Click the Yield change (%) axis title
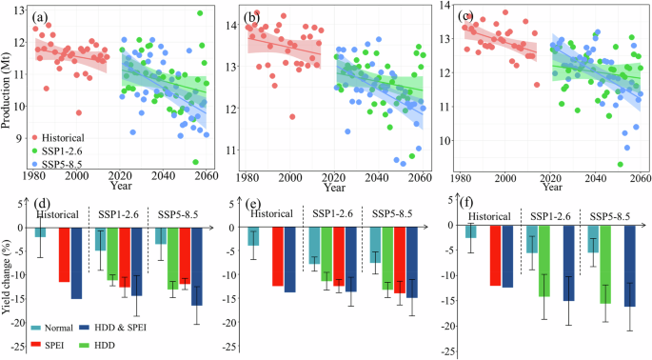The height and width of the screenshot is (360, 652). [9, 277]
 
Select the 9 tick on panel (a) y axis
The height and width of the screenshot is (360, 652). [23, 138]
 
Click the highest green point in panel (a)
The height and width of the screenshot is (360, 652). [199, 13]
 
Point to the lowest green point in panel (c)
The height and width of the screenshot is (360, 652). [619, 164]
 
